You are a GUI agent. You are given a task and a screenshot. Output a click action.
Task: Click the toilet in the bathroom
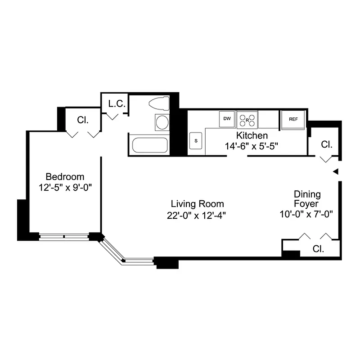point(158,103)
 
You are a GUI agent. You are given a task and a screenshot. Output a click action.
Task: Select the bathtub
point(150,145)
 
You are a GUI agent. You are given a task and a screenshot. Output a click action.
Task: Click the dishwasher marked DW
point(227,119)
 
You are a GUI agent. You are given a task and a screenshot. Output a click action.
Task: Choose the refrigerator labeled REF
point(293,119)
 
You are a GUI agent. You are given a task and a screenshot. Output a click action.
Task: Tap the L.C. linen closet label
point(116,103)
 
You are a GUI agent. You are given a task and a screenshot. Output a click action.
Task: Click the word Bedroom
point(65,177)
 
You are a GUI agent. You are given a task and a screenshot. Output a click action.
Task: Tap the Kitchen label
point(252,135)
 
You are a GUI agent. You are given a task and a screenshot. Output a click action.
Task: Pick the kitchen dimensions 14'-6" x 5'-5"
point(252,146)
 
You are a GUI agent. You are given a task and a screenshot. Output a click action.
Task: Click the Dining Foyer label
point(307,199)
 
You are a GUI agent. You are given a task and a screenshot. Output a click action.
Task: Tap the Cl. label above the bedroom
point(82,120)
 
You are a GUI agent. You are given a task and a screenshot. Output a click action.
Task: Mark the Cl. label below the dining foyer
point(318,249)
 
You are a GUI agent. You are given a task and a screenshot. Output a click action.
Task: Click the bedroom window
point(63,236)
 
